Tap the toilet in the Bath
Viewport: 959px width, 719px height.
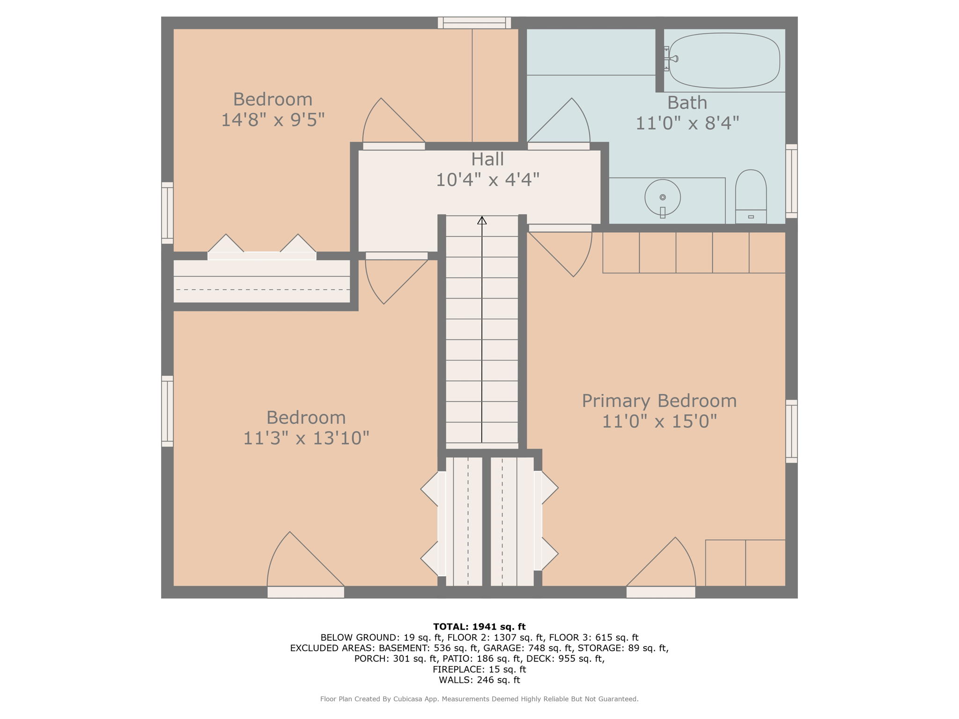pos(751,197)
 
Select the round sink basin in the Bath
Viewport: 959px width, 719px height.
pos(662,198)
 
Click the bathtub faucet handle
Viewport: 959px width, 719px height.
pos(672,59)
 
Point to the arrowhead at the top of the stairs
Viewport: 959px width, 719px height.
pos(482,220)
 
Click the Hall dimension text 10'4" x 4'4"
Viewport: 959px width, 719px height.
pos(487,180)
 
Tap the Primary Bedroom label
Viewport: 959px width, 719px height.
pos(659,401)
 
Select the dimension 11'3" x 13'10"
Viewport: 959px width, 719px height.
pos(306,438)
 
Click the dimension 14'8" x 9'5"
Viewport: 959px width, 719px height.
pos(273,120)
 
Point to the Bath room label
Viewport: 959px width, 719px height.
pos(686,103)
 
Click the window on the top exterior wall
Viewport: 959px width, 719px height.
pos(474,22)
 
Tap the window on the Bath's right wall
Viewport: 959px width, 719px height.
pos(791,181)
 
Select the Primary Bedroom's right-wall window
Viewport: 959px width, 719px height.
pos(791,431)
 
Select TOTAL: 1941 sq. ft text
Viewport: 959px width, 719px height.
pos(479,626)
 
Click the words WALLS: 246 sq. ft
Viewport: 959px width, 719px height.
pos(479,680)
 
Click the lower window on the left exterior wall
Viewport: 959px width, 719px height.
pos(167,411)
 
